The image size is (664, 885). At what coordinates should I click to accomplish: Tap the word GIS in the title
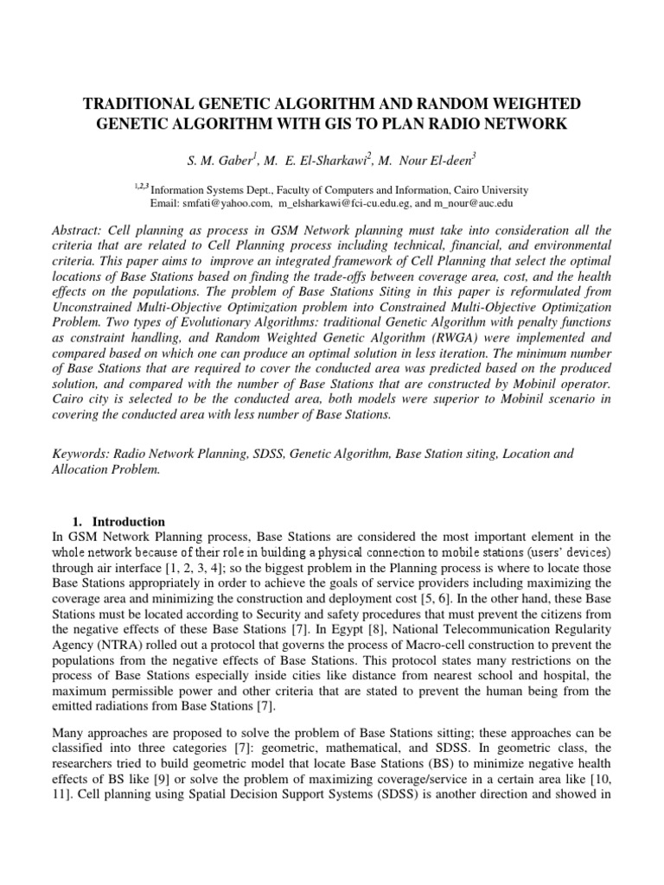click(x=377, y=124)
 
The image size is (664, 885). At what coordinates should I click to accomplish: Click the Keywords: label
click(x=80, y=453)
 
